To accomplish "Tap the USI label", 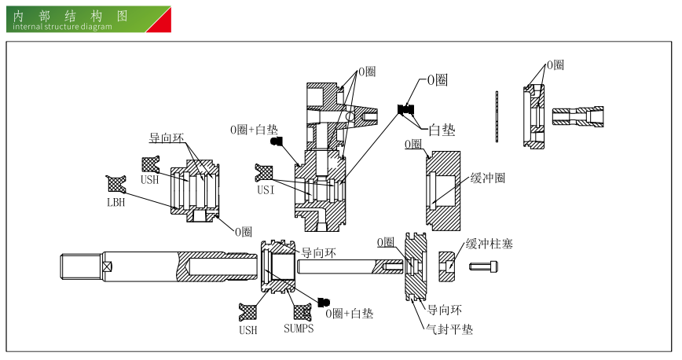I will click(266, 189).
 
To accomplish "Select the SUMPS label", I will click(299, 329).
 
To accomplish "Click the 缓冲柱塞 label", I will click(489, 244).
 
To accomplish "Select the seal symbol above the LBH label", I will click(117, 183).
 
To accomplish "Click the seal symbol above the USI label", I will click(265, 171).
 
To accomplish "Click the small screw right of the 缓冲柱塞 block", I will click(481, 266).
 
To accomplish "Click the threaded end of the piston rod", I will click(81, 266).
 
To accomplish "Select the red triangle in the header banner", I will click(161, 22).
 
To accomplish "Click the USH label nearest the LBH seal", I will click(149, 180).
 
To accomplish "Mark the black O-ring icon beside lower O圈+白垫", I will click(324, 303).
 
